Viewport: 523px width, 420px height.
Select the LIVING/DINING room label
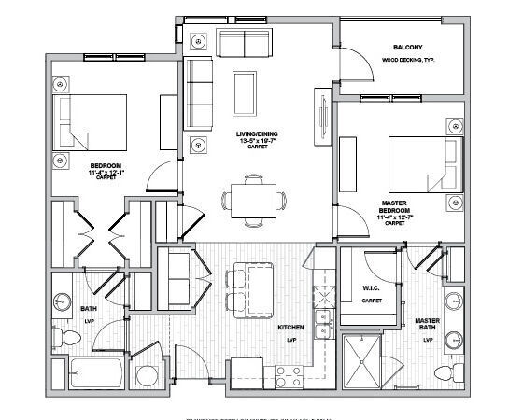[253, 134]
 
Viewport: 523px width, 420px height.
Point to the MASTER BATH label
[428, 326]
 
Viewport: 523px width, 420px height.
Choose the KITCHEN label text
[290, 329]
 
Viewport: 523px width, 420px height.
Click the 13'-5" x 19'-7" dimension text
[253, 141]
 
